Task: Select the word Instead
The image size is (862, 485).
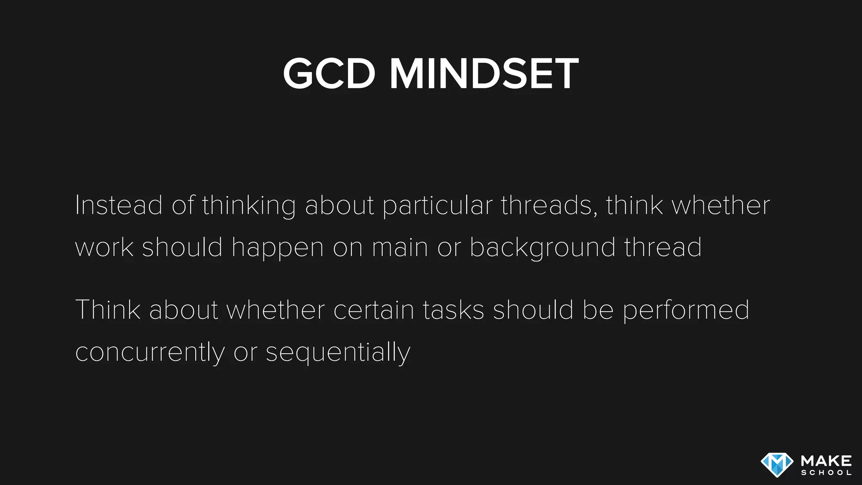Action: point(119,205)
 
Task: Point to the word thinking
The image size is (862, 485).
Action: point(249,206)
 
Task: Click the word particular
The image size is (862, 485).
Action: point(437,206)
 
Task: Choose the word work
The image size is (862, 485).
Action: point(104,248)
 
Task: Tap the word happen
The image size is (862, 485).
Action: point(277,248)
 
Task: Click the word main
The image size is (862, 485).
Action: point(400,248)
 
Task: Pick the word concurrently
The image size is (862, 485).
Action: point(150,353)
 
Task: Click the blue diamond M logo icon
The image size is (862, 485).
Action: point(777,465)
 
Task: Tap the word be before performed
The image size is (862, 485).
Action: point(598,310)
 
